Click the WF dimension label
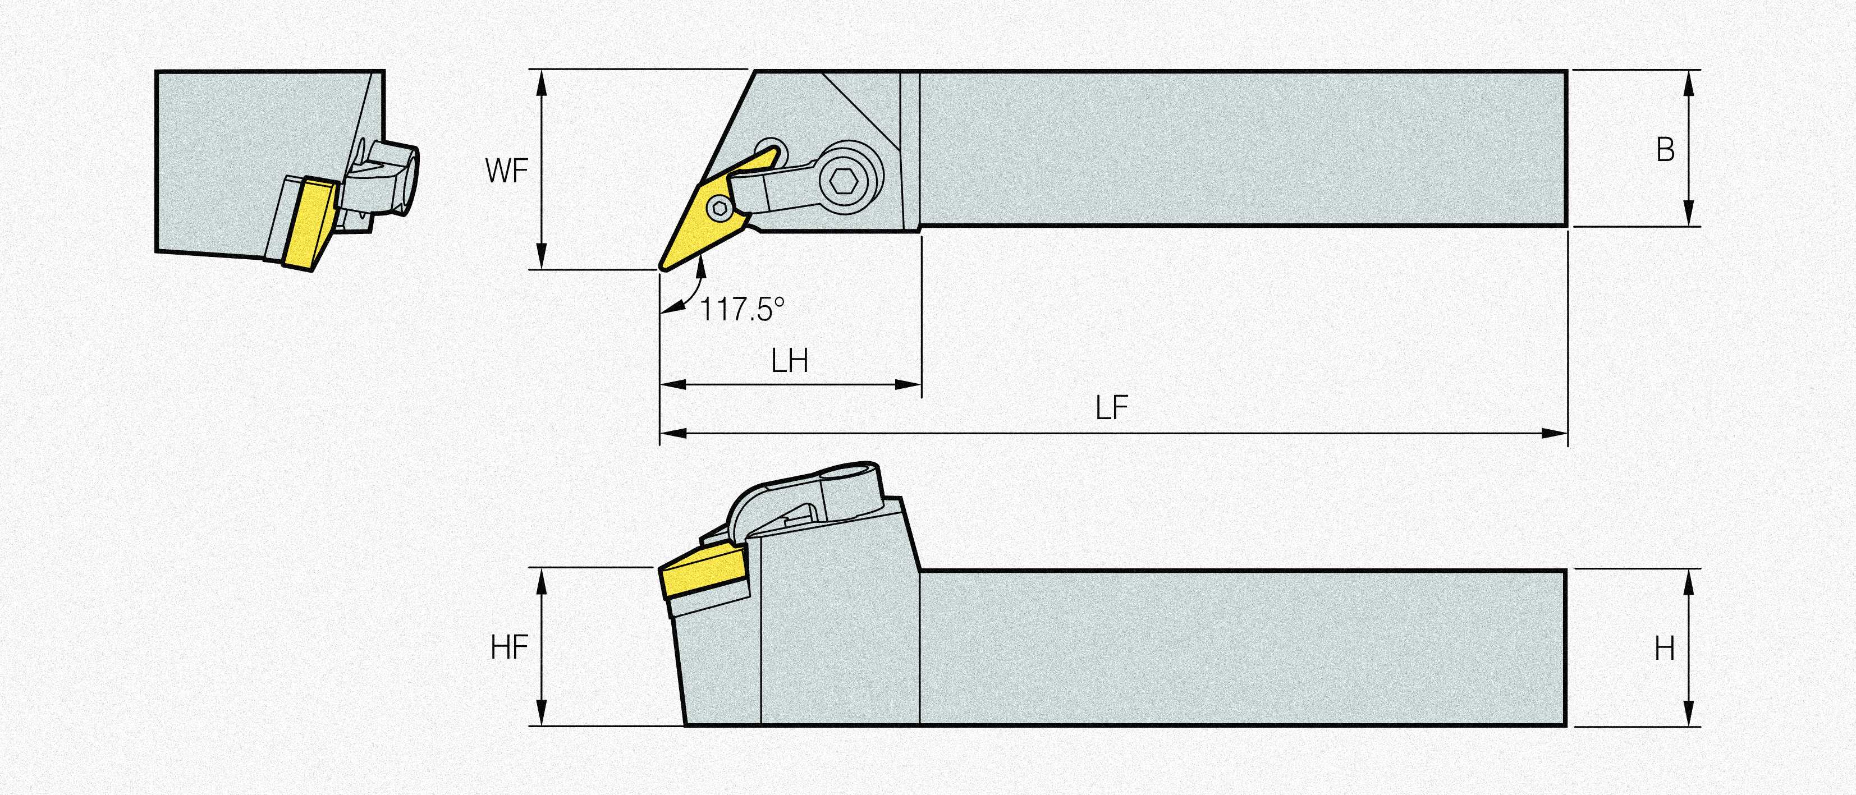[506, 171]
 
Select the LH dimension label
[789, 361]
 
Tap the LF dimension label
[1111, 408]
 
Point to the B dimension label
[1665, 150]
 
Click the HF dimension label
[510, 648]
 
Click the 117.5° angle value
[742, 310]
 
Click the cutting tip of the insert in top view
[662, 268]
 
